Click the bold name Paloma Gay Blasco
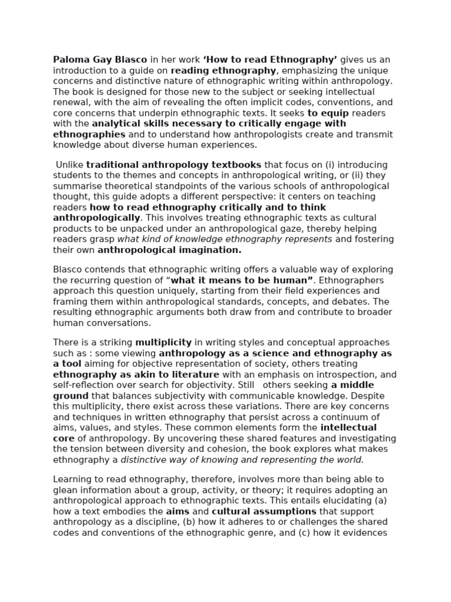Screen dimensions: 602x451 100,60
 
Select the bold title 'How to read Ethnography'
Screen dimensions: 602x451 270,60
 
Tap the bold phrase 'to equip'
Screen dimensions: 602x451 327,113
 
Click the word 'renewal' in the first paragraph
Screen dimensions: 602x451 72,102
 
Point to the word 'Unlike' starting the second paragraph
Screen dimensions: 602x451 70,165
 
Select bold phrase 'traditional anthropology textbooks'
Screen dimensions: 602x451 173,165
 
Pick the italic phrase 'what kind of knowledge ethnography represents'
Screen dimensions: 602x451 224,239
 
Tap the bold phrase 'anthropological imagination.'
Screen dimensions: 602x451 169,250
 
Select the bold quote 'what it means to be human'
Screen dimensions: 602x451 241,280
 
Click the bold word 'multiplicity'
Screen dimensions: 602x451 163,343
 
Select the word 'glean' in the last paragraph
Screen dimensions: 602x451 65,490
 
